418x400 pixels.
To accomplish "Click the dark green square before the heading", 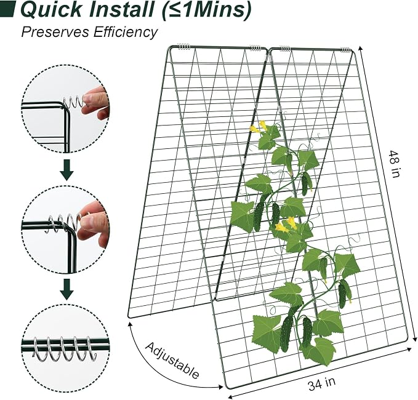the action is tap(7, 10).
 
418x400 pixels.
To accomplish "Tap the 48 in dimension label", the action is tap(395, 164).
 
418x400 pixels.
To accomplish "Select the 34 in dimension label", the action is tap(322, 383).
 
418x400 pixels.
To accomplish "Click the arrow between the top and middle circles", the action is tap(66, 170).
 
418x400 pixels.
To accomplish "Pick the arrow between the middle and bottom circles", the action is tap(66, 289).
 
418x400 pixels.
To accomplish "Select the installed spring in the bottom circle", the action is tap(65, 349).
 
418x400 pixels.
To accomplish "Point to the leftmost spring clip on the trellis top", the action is tap(184, 47).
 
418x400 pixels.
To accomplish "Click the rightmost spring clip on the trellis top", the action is tap(345, 50).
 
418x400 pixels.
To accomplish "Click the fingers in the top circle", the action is tap(97, 103).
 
